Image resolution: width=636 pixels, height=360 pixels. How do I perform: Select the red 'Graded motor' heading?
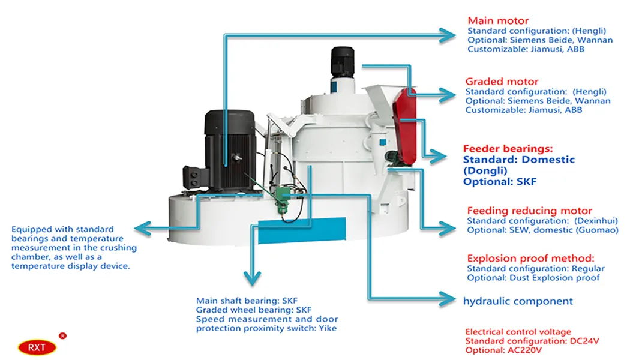[502, 81]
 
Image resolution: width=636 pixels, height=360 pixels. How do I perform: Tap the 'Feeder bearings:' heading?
[508, 148]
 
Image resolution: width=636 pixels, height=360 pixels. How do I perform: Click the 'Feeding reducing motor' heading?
[529, 211]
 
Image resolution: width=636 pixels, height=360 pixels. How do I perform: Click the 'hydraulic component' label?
[517, 301]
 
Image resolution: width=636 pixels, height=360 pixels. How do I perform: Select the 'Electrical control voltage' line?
[518, 332]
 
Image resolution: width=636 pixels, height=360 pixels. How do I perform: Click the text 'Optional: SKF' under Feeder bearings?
[500, 181]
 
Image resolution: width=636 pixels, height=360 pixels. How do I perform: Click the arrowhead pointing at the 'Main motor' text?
[447, 35]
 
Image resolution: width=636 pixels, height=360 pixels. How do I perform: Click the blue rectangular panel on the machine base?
[302, 230]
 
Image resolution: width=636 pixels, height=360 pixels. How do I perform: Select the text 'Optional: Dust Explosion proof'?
[533, 277]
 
